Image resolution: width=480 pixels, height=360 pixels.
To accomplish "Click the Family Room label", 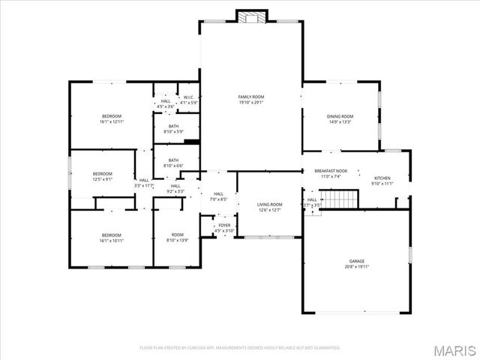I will (251, 100).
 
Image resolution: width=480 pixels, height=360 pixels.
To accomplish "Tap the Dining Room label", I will (340, 119).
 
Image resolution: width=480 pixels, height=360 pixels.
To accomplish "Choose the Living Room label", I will (269, 207).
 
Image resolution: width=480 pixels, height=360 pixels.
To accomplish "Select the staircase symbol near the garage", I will (345, 199).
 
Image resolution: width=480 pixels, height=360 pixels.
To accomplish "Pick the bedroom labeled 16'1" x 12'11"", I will (112, 118).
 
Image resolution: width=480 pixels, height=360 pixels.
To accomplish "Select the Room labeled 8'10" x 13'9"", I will (177, 237).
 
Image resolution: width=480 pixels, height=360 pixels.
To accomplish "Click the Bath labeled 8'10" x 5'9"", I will (173, 129).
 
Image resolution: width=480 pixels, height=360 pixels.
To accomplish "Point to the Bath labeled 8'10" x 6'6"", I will (173, 162).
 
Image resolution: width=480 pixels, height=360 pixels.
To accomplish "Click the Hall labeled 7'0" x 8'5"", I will (218, 196).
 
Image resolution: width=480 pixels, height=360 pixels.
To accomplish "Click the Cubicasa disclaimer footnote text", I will (240, 348).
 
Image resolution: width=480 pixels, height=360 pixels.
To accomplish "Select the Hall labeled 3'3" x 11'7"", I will (143, 182).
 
